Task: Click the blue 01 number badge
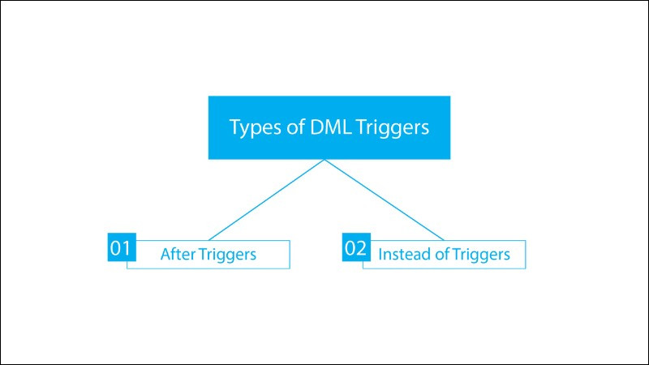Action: coord(121,248)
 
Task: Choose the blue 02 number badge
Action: coord(356,248)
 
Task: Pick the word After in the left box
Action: coord(177,254)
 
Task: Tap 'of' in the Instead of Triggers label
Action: coord(441,254)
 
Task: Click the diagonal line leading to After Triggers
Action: coord(266,200)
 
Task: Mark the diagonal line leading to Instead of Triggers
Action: coord(385,200)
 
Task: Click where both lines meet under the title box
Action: coord(325,160)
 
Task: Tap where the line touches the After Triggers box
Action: coord(208,239)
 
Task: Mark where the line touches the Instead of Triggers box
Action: coord(445,239)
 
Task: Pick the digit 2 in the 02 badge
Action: coord(362,248)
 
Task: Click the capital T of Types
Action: coord(234,127)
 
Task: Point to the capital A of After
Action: coord(165,254)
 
